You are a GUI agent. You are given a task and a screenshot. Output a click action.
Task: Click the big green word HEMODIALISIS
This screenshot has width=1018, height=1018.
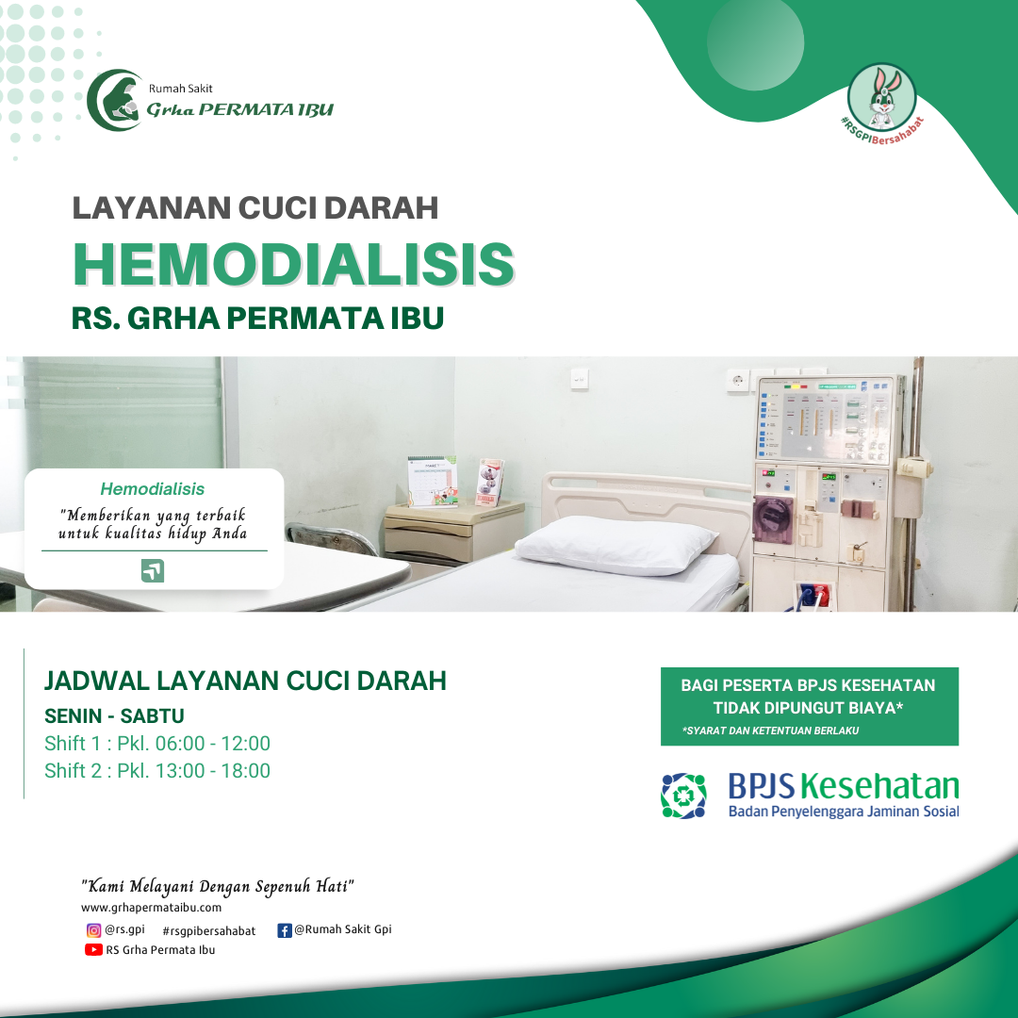click(x=293, y=264)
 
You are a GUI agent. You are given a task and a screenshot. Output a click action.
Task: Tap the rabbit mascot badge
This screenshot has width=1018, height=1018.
click(x=881, y=97)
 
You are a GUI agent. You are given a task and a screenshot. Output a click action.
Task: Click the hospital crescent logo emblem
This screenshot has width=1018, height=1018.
click(x=115, y=100)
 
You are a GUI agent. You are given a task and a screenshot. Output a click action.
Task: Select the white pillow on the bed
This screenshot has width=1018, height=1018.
click(x=616, y=544)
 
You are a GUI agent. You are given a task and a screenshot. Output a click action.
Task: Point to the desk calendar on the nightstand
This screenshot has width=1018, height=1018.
click(x=432, y=481)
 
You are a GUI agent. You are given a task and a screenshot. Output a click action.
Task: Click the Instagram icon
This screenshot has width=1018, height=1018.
click(x=93, y=930)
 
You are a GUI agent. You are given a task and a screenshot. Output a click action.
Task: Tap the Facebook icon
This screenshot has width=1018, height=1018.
click(x=285, y=930)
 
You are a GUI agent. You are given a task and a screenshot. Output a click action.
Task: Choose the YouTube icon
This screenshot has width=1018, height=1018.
click(x=93, y=950)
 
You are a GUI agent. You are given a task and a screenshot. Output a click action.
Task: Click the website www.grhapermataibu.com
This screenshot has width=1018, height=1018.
click(x=151, y=908)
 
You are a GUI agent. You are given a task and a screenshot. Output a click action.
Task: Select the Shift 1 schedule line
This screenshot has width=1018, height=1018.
click(x=157, y=744)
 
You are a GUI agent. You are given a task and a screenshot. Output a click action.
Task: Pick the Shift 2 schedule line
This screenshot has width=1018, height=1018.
click(x=157, y=771)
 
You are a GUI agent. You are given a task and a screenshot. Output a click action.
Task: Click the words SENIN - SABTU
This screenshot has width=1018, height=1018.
click(x=114, y=716)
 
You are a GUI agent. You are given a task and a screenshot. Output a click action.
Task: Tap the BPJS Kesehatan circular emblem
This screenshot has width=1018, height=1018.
click(x=683, y=796)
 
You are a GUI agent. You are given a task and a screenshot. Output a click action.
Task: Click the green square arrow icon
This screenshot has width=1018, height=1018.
click(x=153, y=570)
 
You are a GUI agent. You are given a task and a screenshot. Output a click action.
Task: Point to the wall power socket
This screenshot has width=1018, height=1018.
click(x=737, y=380)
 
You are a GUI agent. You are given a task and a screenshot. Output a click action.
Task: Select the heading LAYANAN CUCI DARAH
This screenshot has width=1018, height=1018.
click(x=255, y=208)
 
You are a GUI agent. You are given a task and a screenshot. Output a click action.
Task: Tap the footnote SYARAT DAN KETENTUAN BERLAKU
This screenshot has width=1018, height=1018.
click(x=770, y=731)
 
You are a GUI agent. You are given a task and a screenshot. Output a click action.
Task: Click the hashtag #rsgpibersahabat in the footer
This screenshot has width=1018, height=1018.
click(x=209, y=931)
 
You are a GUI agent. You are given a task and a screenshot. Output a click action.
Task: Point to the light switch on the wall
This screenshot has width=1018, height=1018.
click(x=580, y=379)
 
